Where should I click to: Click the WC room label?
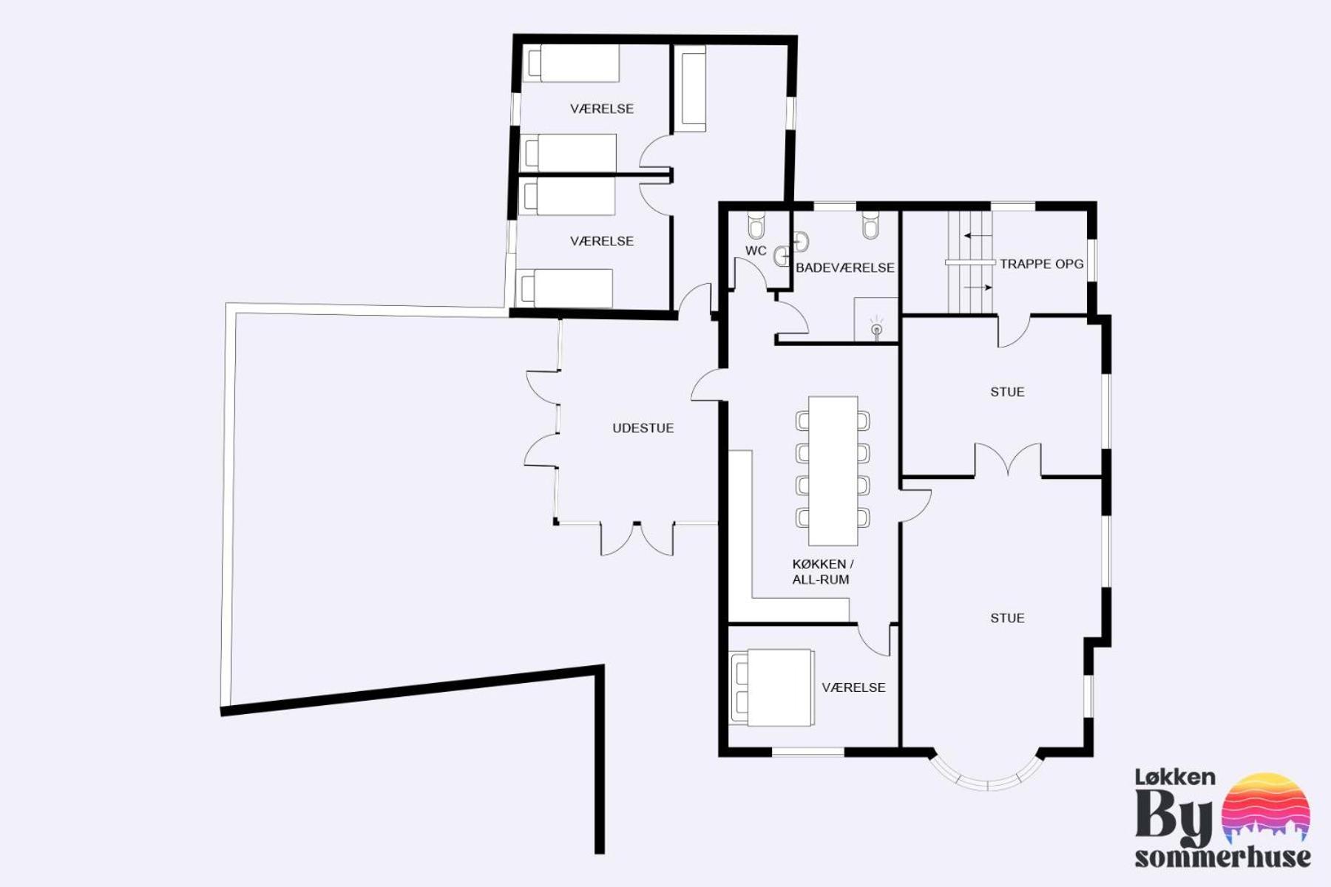point(756,251)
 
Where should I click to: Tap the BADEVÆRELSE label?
point(845,268)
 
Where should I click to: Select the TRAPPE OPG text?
point(1041,264)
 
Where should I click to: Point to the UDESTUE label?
point(643,428)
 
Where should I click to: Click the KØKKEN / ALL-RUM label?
point(822,571)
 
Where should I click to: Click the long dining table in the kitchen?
point(833,470)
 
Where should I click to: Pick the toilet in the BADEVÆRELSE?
point(871,225)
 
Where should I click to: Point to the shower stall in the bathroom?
point(876,319)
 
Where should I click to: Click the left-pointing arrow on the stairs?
point(978,236)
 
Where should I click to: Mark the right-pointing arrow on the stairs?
point(978,287)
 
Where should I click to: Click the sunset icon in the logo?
point(1266,808)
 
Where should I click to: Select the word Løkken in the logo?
point(1175,777)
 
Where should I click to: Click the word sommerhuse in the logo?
point(1222,857)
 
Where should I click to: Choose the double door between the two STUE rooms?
point(1008,460)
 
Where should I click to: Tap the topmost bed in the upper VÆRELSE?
point(571,64)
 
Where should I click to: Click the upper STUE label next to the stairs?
point(1007,392)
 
